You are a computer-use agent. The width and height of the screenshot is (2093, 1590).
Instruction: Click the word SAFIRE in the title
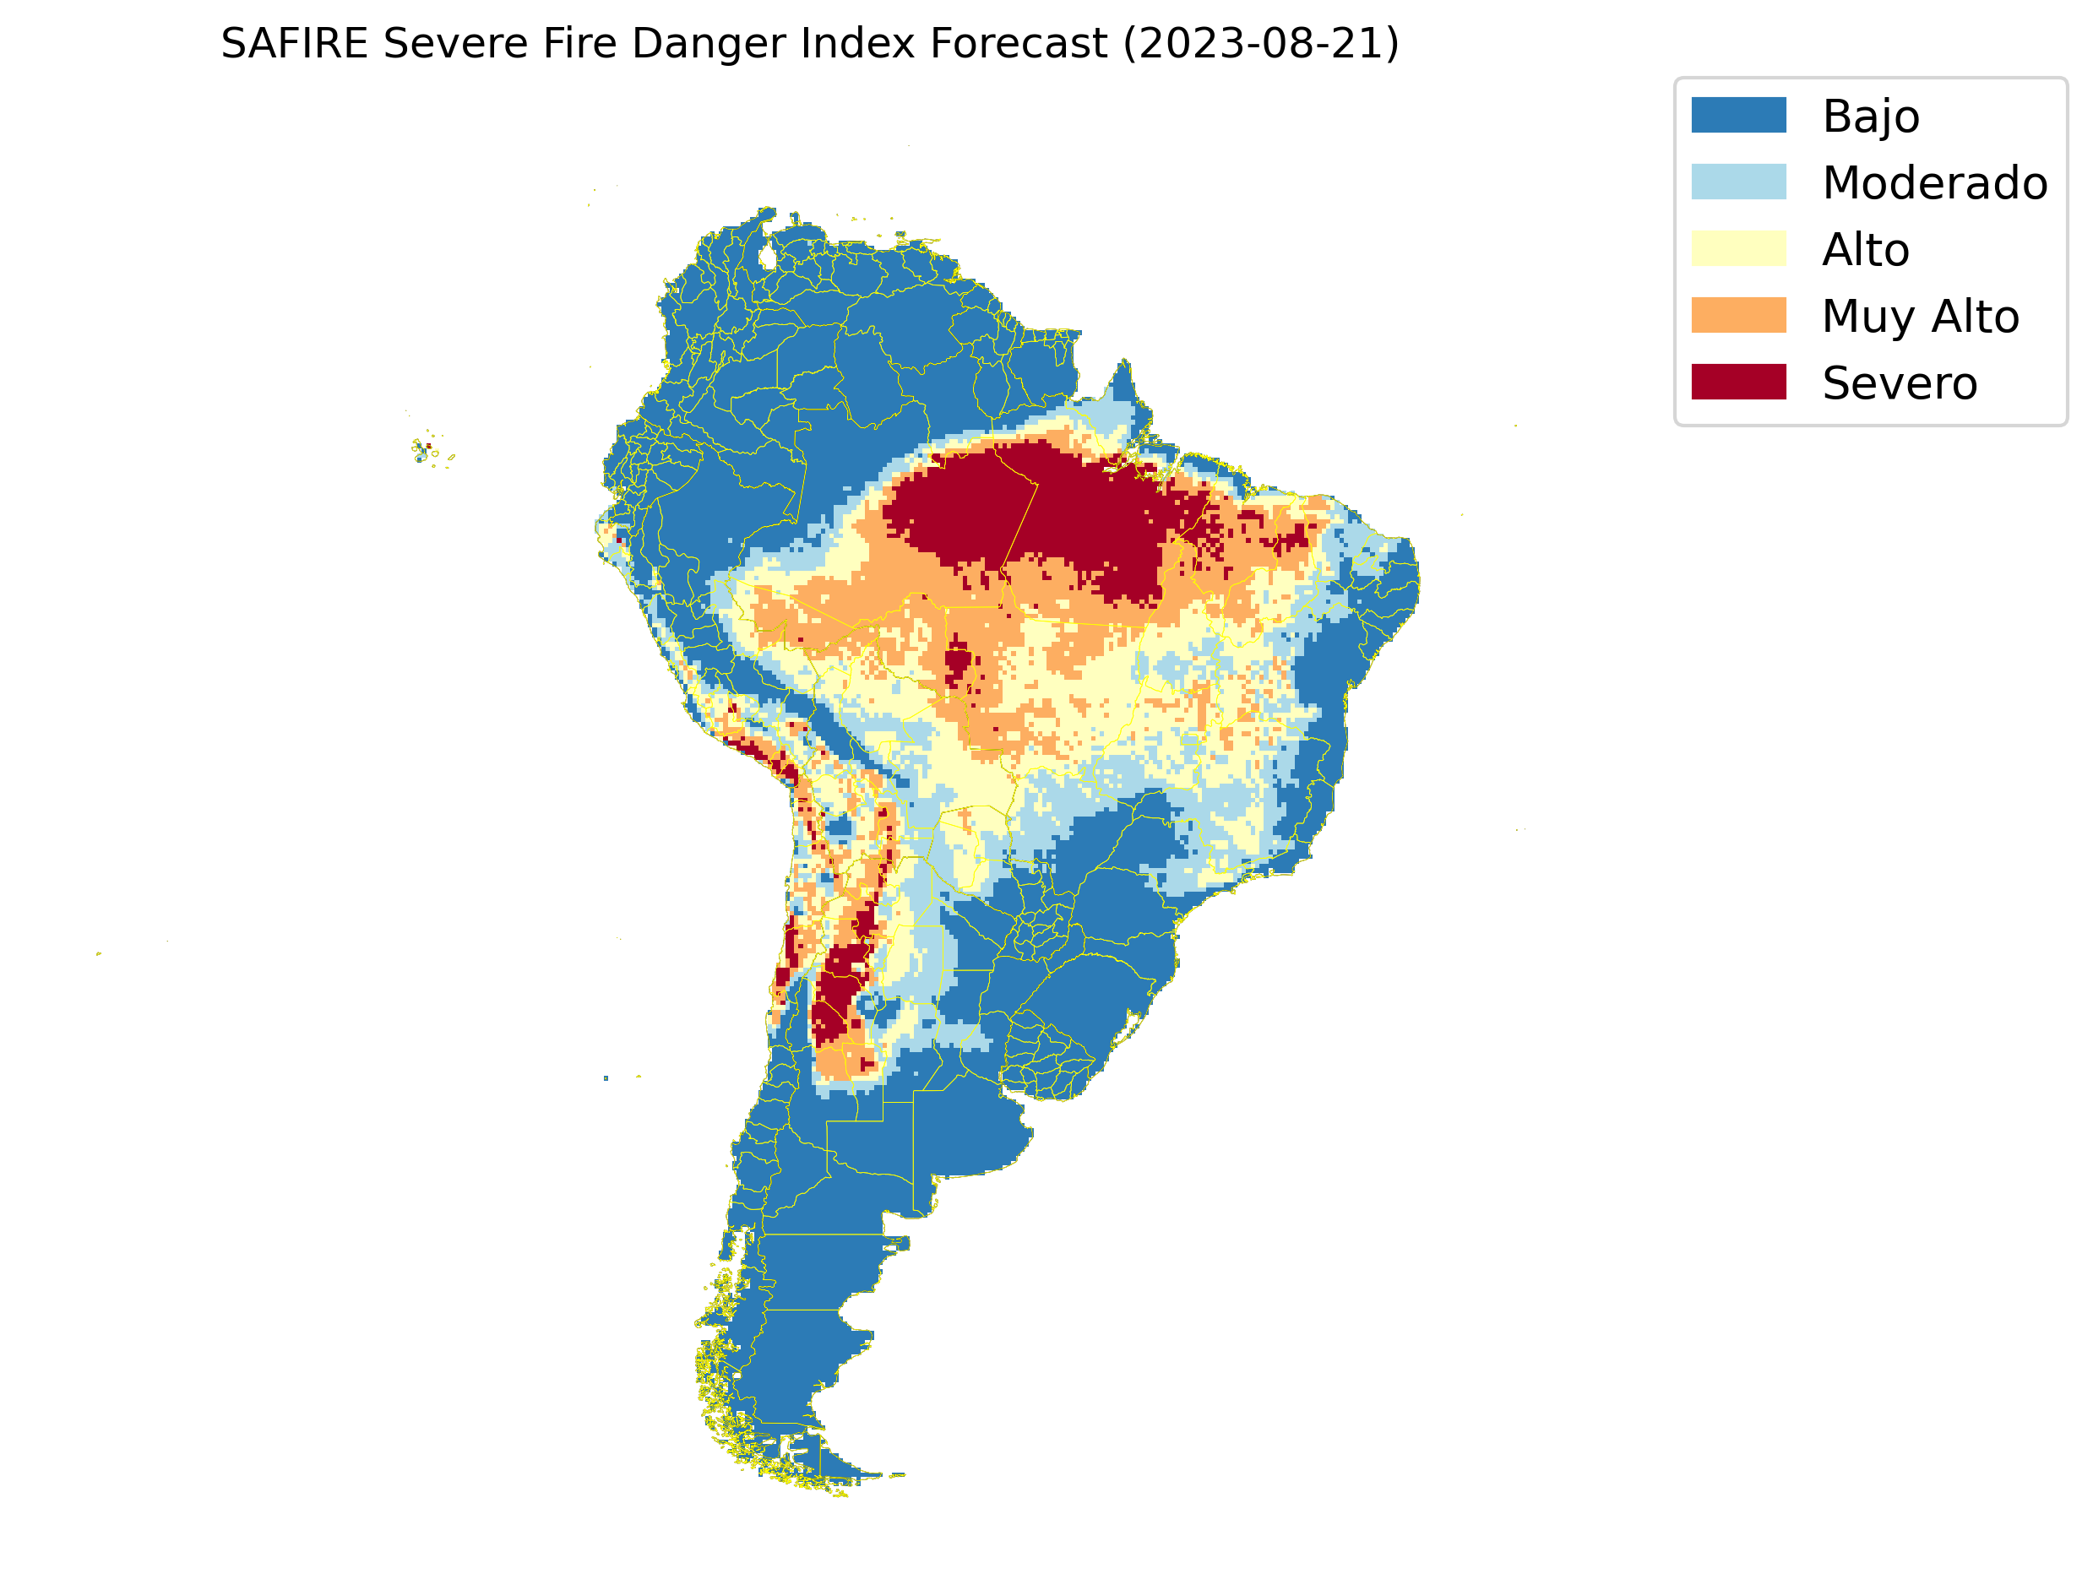coord(293,44)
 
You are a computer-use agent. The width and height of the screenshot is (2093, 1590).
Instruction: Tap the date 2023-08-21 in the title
coord(1260,44)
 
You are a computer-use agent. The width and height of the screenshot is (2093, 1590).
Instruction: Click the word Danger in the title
coord(699,44)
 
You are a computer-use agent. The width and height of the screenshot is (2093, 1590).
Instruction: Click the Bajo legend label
coord(1871,117)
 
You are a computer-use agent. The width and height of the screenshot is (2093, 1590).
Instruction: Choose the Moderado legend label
coord(1934,182)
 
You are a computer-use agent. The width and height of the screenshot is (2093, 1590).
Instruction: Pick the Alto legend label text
coord(1865,250)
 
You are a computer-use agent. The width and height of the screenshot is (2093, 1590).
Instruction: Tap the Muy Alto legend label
coord(1920,316)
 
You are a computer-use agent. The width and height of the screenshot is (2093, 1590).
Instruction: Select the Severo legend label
coord(1899,383)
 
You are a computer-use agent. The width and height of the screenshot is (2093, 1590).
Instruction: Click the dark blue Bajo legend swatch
coord(1738,116)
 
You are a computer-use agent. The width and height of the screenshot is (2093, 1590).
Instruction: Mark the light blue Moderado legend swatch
coord(1738,182)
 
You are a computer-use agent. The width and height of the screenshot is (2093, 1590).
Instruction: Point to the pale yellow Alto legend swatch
coord(1738,249)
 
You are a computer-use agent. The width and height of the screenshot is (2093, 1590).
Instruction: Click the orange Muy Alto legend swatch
coord(1738,315)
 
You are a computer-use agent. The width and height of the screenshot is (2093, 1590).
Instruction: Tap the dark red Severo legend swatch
coord(1738,383)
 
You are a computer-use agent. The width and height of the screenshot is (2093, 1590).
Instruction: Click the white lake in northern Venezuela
coord(768,257)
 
